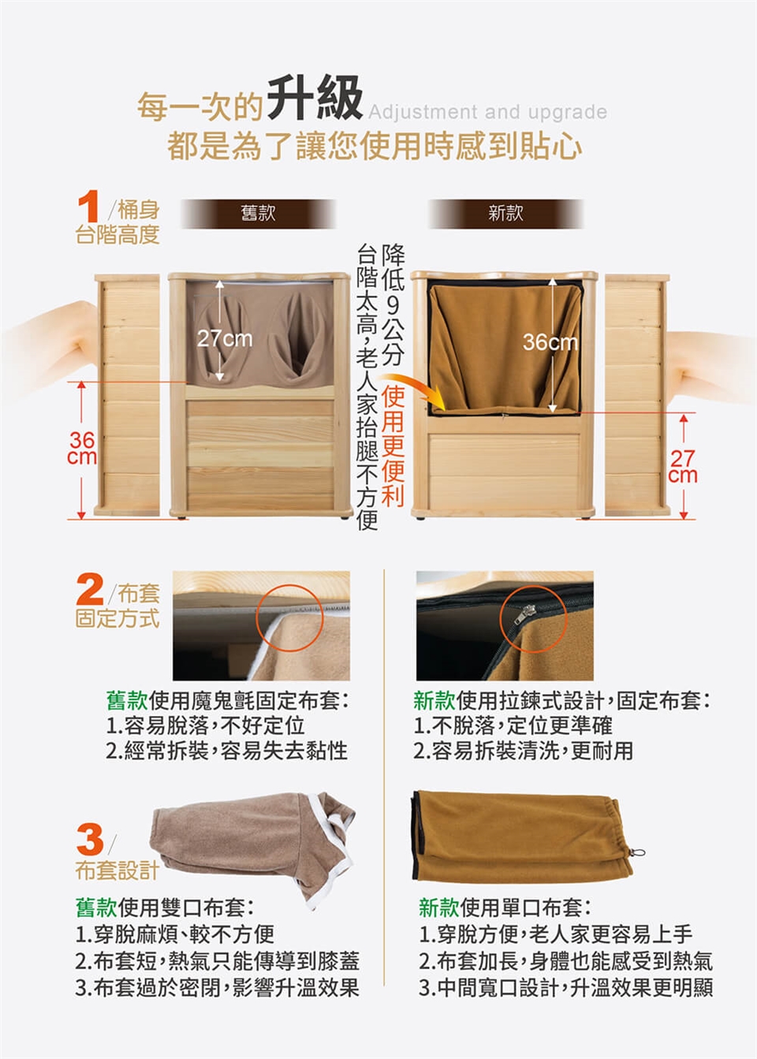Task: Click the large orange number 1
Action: pyautogui.click(x=88, y=206)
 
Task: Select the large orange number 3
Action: pyautogui.click(x=90, y=839)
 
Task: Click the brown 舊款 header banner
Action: pyautogui.click(x=258, y=214)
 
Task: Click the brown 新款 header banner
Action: pyautogui.click(x=505, y=214)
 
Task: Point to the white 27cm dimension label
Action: pyautogui.click(x=225, y=338)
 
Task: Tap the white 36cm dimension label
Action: pyautogui.click(x=550, y=342)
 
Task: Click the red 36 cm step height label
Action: pyautogui.click(x=82, y=448)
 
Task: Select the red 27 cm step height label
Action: pyautogui.click(x=683, y=467)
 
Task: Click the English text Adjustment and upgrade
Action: pyautogui.click(x=487, y=112)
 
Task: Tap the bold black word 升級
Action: pyautogui.click(x=315, y=98)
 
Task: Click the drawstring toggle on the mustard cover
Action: pyautogui.click(x=637, y=852)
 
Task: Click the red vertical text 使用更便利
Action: pyautogui.click(x=393, y=446)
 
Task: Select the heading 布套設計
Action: pyautogui.click(x=117, y=871)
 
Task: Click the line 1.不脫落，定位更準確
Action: pyautogui.click(x=513, y=725)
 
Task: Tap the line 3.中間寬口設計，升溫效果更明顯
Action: pyautogui.click(x=565, y=987)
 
